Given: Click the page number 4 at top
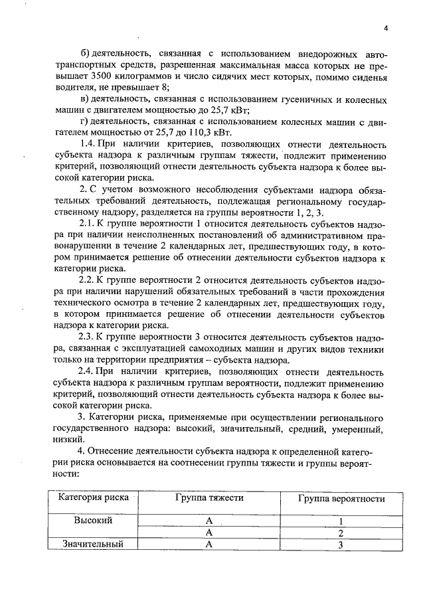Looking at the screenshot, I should click(385, 27).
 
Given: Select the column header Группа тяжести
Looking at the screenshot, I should click(209, 498).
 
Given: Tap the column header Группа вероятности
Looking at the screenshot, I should click(341, 498).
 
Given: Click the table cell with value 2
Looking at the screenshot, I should click(341, 533).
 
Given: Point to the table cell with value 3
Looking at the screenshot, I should click(341, 545).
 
